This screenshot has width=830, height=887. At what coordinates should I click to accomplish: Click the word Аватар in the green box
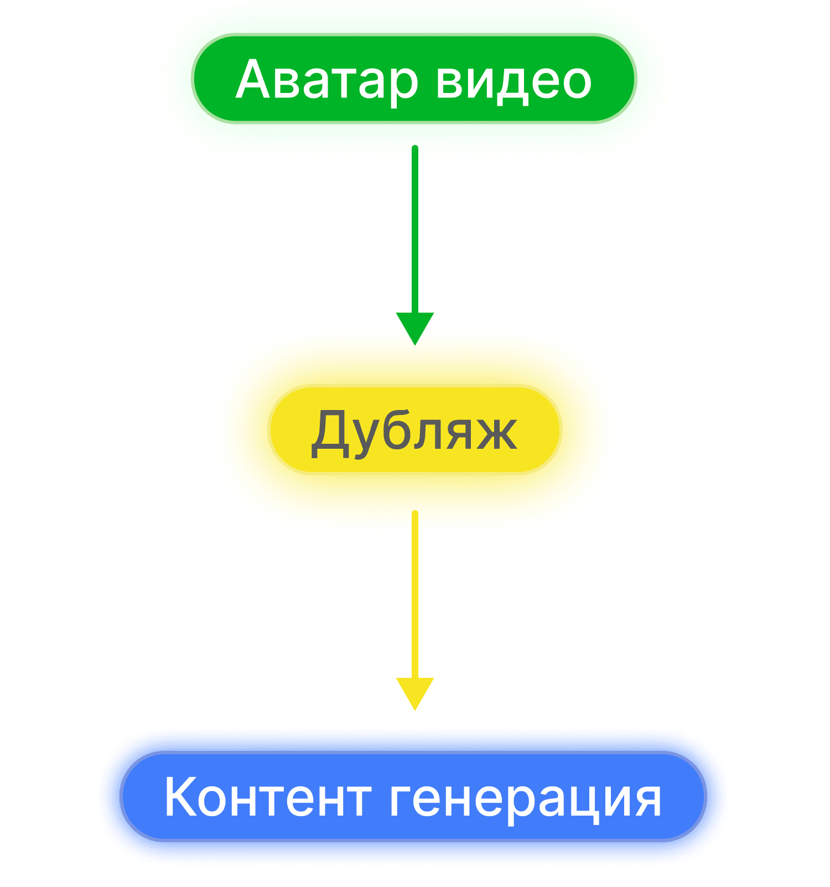(x=326, y=80)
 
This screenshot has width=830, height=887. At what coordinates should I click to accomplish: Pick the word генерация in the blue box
(x=526, y=800)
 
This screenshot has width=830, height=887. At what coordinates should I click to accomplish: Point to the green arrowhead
(x=415, y=328)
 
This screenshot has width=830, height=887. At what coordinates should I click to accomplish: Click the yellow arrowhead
(x=415, y=693)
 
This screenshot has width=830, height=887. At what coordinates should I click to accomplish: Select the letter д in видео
(x=506, y=83)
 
